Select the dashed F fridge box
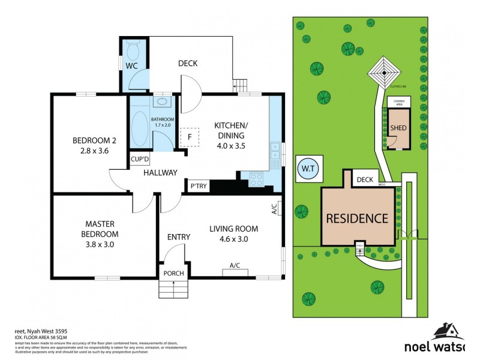pyautogui.click(x=190, y=137)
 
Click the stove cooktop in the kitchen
pyautogui.click(x=257, y=178)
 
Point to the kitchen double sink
pyautogui.click(x=275, y=154)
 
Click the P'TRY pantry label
pyautogui.click(x=199, y=187)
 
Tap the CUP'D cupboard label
pyautogui.click(x=140, y=160)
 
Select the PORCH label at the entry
pyautogui.click(x=174, y=274)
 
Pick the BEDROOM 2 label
pyautogui.click(x=94, y=145)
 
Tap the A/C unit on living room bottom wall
pyautogui.click(x=235, y=272)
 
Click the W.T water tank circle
pyautogui.click(x=308, y=169)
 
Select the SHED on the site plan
pyautogui.click(x=398, y=128)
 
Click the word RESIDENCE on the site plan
pyautogui.click(x=357, y=218)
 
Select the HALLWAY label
pyautogui.click(x=160, y=173)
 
